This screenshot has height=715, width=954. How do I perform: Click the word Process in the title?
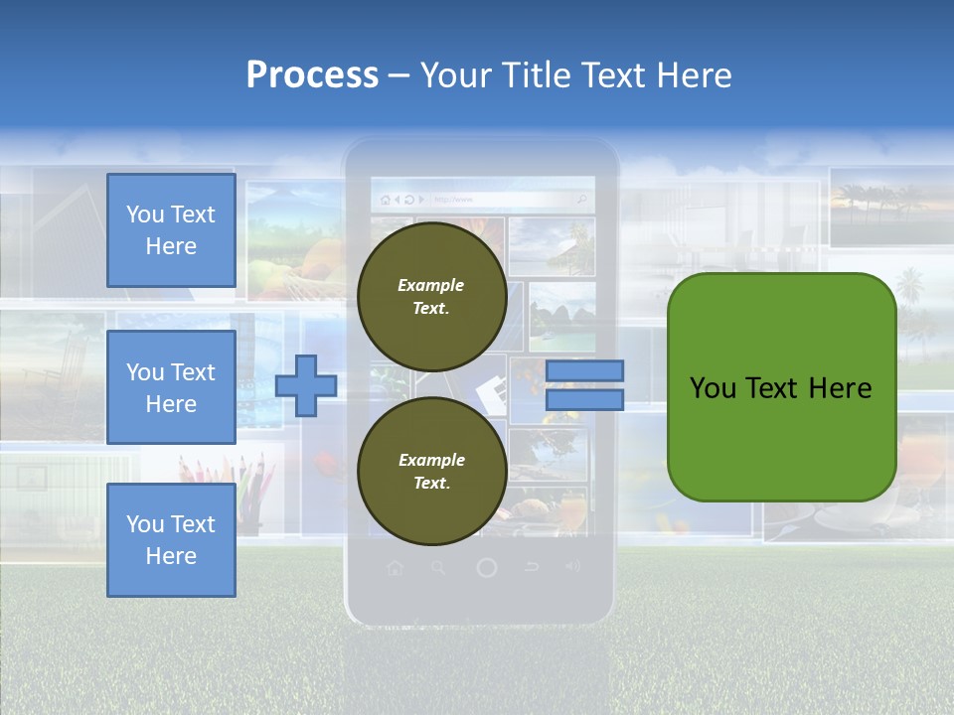click(312, 75)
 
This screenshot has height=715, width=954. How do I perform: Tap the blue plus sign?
click(305, 385)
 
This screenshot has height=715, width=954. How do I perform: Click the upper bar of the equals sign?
click(584, 370)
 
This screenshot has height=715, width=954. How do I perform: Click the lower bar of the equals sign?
click(584, 400)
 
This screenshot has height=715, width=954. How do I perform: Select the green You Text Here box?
click(781, 387)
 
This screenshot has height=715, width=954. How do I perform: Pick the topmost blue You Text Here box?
click(171, 230)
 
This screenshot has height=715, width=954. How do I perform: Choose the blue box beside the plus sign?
click(171, 387)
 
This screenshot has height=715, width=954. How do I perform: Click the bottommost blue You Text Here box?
click(171, 540)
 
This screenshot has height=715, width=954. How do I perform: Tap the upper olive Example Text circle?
click(431, 296)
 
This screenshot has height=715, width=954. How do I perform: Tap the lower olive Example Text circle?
click(431, 471)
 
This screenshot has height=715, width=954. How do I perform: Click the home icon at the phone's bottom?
click(395, 568)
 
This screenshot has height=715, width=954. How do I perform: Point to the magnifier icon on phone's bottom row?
click(438, 568)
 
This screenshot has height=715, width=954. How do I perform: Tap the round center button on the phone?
click(486, 568)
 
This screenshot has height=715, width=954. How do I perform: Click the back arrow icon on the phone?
click(532, 568)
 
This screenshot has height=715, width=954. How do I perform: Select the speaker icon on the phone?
click(572, 567)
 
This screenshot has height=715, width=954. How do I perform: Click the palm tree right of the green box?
click(910, 294)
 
